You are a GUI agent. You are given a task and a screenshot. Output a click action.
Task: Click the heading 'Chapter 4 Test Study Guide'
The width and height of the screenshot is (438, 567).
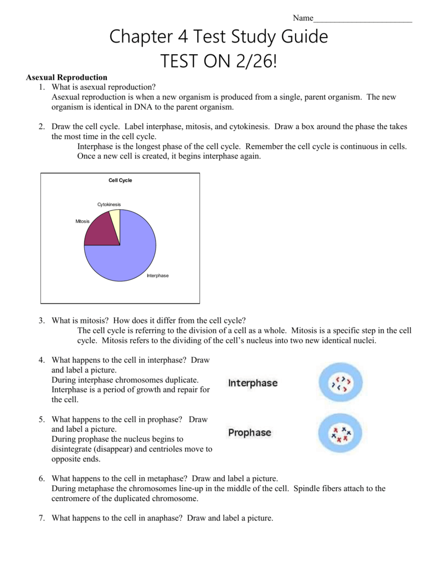219,37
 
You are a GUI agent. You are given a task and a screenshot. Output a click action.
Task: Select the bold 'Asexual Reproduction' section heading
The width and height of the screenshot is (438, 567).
67,78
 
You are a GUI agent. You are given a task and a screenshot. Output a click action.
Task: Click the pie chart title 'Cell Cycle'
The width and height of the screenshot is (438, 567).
120,181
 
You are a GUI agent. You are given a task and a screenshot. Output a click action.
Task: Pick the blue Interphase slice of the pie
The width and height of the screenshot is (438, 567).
130,249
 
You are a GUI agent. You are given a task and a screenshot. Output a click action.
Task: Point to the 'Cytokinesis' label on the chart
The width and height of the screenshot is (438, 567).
109,204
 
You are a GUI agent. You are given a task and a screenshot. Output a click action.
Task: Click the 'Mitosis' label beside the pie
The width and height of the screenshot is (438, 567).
83,221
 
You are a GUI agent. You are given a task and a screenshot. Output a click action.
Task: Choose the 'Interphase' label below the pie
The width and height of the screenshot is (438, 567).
157,276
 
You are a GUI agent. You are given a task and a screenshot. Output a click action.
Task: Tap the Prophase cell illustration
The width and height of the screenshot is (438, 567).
340,433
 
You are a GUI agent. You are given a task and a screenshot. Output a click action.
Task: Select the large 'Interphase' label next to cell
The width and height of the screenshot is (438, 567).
253,383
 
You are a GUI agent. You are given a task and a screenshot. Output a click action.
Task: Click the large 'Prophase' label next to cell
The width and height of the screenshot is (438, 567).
250,433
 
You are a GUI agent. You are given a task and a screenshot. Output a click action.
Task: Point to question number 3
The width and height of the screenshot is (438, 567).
42,320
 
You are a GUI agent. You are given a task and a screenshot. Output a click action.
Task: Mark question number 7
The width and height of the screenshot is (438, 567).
42,518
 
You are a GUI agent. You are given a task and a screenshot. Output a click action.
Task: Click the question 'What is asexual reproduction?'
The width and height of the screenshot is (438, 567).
104,87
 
